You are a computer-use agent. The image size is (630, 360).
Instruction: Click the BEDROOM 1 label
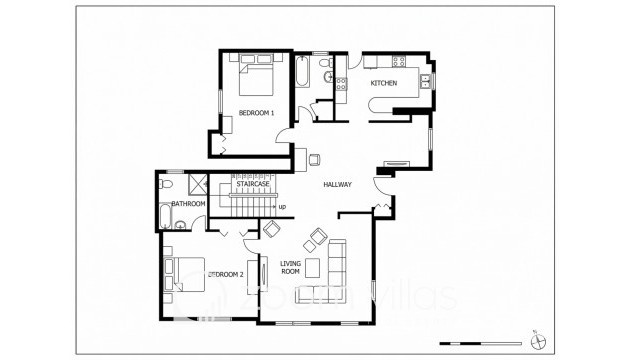pyautogui.click(x=256, y=113)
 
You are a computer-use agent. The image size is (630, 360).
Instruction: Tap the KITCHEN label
pyautogui.click(x=385, y=82)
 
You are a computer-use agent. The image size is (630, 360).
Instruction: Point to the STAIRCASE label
pyautogui.click(x=252, y=185)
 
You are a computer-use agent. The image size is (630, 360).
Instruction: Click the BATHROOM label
pyautogui.click(x=188, y=204)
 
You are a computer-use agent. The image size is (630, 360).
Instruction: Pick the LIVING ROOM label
pyautogui.click(x=290, y=267)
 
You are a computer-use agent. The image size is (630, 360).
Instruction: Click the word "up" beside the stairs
pyautogui.click(x=282, y=207)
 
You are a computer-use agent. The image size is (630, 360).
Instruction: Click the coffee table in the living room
pyautogui.click(x=313, y=267)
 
